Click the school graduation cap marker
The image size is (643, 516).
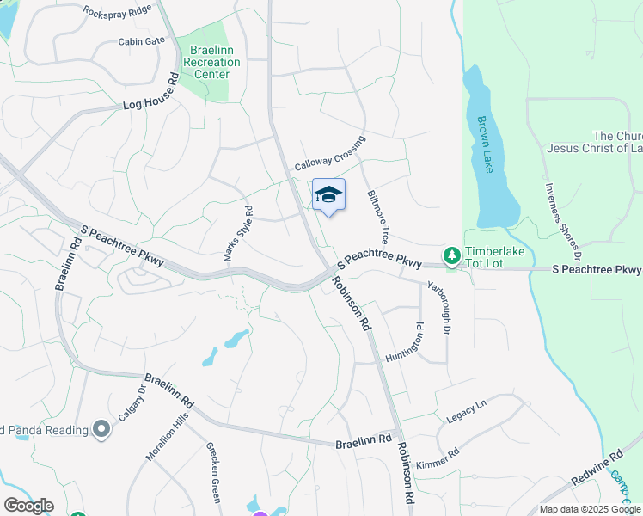328,196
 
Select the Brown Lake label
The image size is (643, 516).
486,144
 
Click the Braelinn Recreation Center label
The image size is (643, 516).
206,61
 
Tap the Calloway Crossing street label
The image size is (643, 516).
330,153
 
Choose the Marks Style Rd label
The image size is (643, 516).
238,233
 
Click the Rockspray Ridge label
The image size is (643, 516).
118,10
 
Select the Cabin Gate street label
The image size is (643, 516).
142,40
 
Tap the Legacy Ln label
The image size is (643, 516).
467,410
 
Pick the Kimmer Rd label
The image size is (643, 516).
438,458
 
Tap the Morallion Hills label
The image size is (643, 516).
167,436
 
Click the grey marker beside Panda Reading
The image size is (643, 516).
101,429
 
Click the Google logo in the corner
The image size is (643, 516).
28,506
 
